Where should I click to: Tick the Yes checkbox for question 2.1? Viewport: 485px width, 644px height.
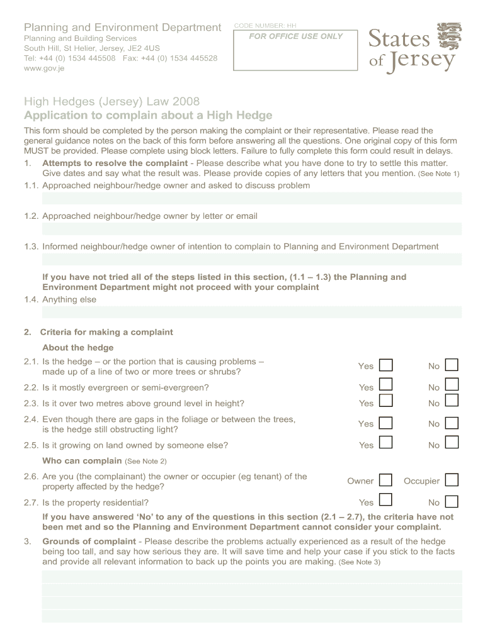pyautogui.click(x=386, y=365)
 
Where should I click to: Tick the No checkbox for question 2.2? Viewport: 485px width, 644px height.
pyautogui.click(x=451, y=385)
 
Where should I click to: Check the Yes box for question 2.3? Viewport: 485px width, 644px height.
pyautogui.click(x=386, y=401)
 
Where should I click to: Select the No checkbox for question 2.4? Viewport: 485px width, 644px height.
pyautogui.click(x=451, y=423)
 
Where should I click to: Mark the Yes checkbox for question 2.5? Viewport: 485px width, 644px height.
pyautogui.click(x=386, y=443)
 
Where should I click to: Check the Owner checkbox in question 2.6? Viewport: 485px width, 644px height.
pyautogui.click(x=386, y=480)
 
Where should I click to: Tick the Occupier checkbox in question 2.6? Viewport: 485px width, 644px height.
pyautogui.click(x=451, y=480)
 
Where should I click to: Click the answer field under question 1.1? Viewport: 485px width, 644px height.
pyautogui.click(x=252, y=199)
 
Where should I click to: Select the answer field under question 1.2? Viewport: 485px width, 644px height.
pyautogui.click(x=252, y=229)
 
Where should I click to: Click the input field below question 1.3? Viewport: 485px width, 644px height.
pyautogui.click(x=252, y=259)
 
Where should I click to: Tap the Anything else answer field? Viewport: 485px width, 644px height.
pyautogui.click(x=252, y=312)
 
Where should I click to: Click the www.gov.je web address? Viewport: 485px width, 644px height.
pyautogui.click(x=44, y=69)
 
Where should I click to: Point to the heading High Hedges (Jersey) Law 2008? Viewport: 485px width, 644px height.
pyautogui.click(x=111, y=102)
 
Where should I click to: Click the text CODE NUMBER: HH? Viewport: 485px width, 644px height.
pyautogui.click(x=265, y=26)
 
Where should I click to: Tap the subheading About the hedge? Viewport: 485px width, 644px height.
pyautogui.click(x=77, y=348)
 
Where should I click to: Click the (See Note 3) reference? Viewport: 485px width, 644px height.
pyautogui.click(x=359, y=562)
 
